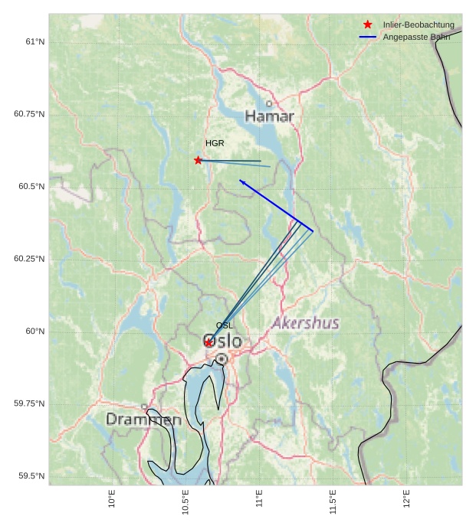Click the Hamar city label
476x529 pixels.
(x=269, y=116)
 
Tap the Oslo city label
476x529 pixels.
(x=222, y=341)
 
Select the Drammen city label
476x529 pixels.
(x=143, y=420)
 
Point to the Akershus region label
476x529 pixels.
(x=305, y=323)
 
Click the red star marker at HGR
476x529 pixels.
(x=199, y=160)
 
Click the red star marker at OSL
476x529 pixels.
(x=208, y=342)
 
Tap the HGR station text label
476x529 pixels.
(x=215, y=143)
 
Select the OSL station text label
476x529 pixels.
(x=224, y=325)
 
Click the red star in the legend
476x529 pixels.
(x=368, y=24)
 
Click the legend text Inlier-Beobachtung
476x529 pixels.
(x=419, y=24)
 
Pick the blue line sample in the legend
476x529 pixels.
(x=368, y=37)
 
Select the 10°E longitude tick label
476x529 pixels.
(x=112, y=498)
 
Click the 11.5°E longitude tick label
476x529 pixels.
(x=333, y=498)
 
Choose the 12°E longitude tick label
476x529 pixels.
(x=406, y=498)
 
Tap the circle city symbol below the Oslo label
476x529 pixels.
(x=222, y=358)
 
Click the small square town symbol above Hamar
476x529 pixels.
(x=269, y=103)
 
